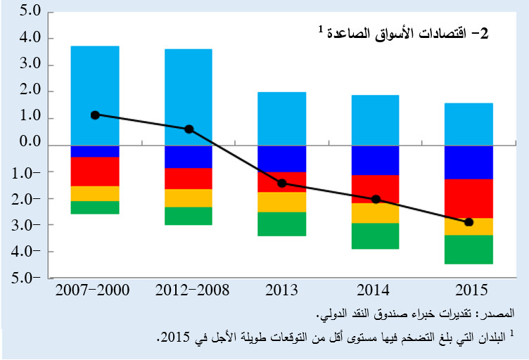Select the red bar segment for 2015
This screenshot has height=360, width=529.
tap(469, 198)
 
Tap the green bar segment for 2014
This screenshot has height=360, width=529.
tap(376, 236)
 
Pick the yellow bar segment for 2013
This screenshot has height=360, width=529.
tap(282, 202)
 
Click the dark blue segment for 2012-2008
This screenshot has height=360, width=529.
tap(189, 157)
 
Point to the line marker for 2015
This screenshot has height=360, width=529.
tap(469, 222)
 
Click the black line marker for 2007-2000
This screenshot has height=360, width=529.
tap(95, 115)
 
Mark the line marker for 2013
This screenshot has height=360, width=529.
tap(282, 183)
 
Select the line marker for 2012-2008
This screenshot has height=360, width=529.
tap(189, 129)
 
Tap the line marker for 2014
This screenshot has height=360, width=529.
tap(376, 199)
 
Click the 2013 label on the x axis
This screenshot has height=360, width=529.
tap(282, 290)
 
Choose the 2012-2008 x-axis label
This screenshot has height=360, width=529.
tap(189, 290)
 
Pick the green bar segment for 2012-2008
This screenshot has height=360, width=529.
tap(189, 216)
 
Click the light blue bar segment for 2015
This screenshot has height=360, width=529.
tap(469, 124)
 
